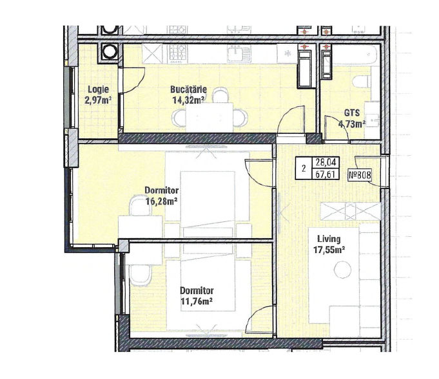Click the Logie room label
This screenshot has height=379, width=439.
click(x=98, y=89)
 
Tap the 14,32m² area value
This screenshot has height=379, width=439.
click(x=188, y=100)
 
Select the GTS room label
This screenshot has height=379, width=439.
click(x=352, y=113)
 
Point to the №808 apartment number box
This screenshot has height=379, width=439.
click(x=360, y=175)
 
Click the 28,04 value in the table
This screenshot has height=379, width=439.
click(x=326, y=162)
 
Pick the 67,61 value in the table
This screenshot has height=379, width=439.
click(x=326, y=174)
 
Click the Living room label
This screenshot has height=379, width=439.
click(x=329, y=239)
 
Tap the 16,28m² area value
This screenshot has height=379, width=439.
click(x=162, y=201)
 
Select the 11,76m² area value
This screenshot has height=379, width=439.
click(x=197, y=302)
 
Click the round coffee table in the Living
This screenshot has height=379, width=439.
click(x=343, y=270)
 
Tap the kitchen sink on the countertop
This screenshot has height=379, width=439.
click(x=239, y=53)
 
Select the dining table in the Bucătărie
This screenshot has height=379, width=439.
click(x=210, y=117)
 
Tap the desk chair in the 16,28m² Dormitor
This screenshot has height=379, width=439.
click(x=140, y=205)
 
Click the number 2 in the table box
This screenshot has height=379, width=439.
click(x=304, y=169)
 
